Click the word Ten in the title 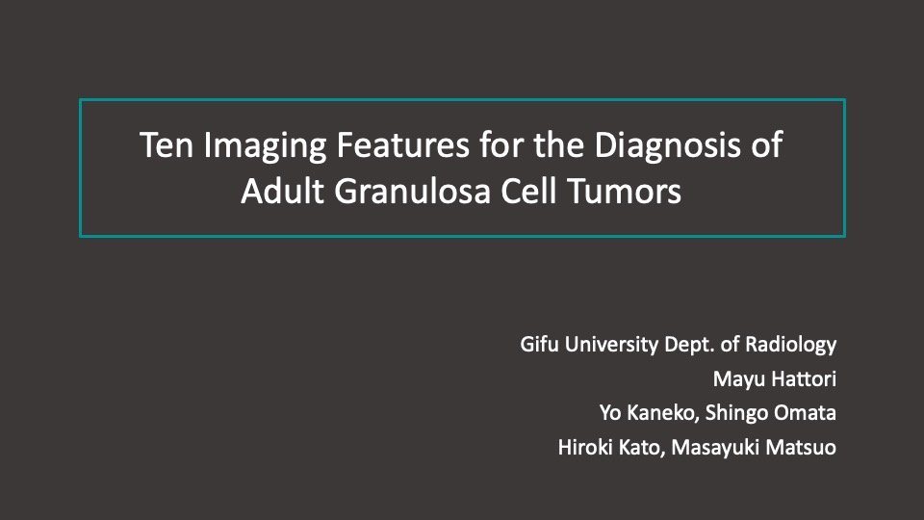167,145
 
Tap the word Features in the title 403,145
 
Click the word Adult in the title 282,191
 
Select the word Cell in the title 528,191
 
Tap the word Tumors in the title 624,192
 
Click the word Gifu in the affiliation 539,345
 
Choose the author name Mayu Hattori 774,379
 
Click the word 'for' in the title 501,145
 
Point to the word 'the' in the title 558,145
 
